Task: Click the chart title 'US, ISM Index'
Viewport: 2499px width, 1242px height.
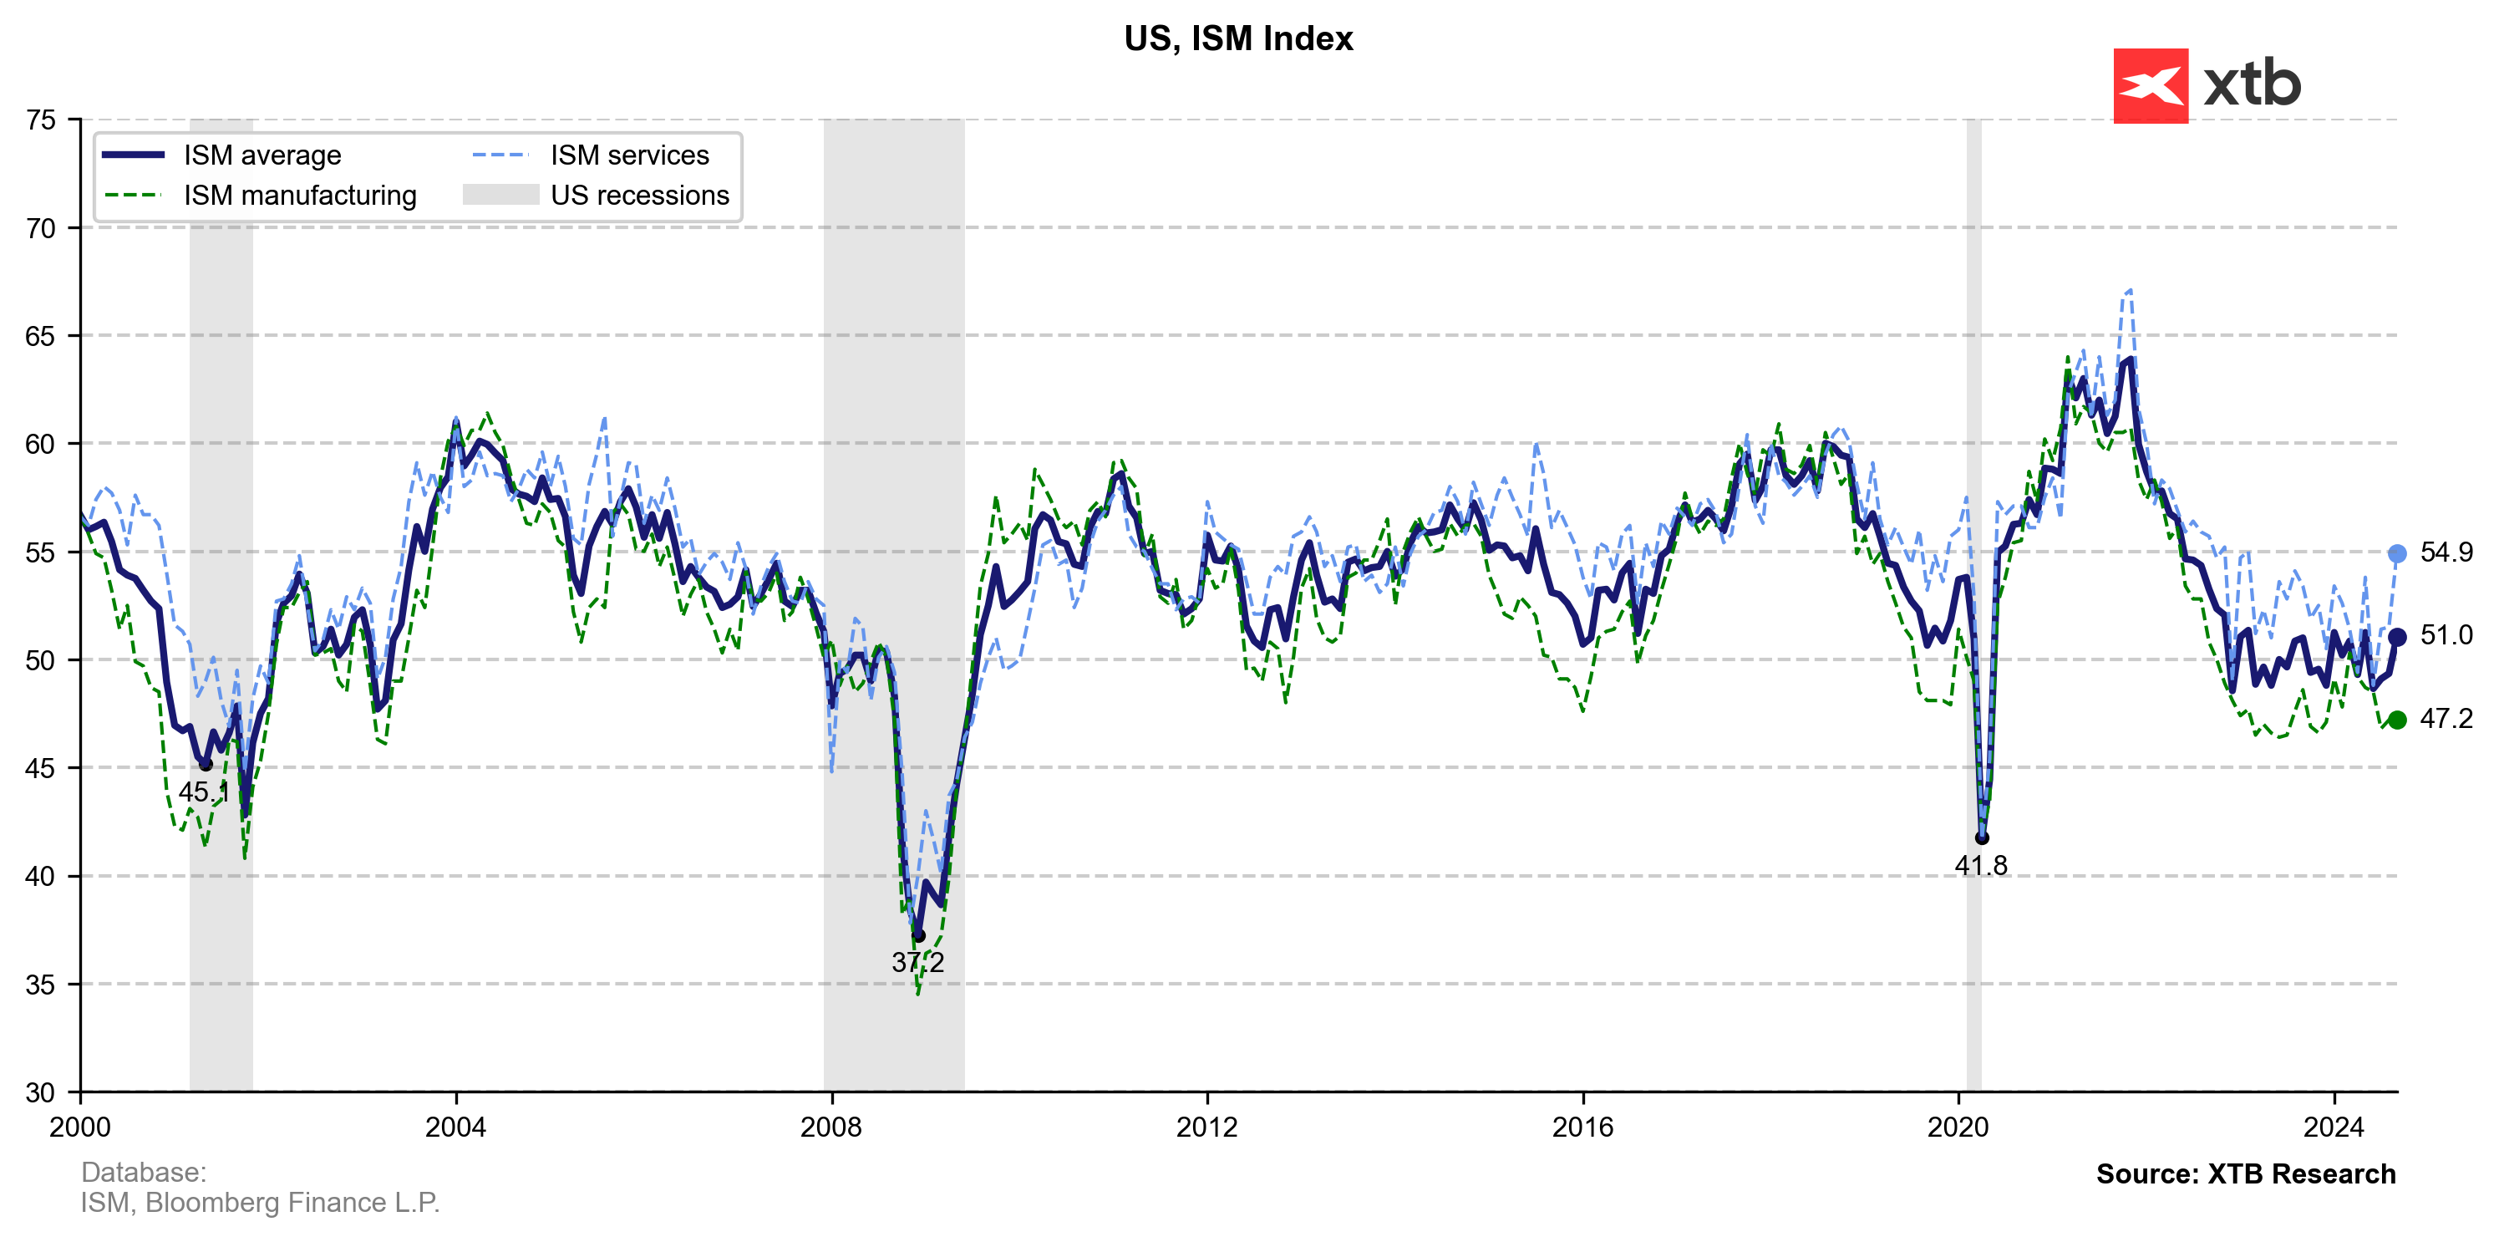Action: [1238, 38]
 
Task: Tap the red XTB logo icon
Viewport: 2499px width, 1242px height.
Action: [2150, 86]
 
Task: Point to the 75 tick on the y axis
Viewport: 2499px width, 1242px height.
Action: [41, 120]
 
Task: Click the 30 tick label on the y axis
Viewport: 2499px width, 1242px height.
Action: [41, 1092]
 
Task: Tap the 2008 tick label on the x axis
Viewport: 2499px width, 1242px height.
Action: [831, 1127]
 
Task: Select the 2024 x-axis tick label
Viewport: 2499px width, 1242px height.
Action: [2334, 1127]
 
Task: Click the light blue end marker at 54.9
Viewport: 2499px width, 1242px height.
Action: [2396, 554]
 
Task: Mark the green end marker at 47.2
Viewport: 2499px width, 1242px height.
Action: [2396, 720]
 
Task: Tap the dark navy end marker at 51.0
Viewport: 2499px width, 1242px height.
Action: [2396, 638]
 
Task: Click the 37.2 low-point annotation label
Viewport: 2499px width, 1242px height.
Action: [917, 963]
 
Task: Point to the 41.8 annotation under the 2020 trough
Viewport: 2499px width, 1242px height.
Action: [1981, 866]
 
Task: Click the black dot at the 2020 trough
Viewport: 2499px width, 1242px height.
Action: [1982, 838]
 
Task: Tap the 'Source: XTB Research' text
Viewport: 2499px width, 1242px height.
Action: [2246, 1174]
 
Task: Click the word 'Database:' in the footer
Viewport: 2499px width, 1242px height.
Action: [144, 1172]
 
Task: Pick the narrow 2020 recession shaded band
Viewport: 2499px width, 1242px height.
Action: [1973, 485]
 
